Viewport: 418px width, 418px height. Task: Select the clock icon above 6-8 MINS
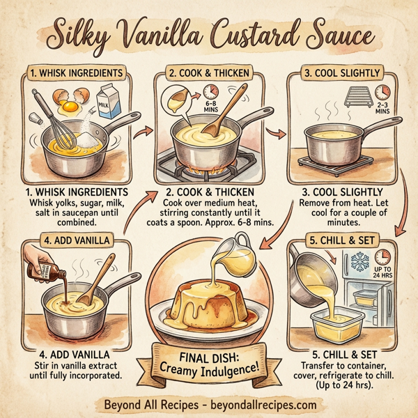tap(209, 91)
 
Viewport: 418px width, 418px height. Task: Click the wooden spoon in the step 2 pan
tap(219, 129)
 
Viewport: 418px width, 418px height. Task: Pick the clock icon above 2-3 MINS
tap(382, 92)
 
